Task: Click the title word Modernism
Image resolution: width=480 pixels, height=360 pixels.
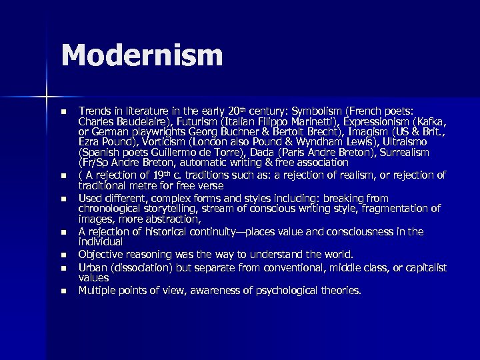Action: tap(142, 55)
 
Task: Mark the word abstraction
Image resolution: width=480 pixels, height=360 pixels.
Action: tap(173, 219)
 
